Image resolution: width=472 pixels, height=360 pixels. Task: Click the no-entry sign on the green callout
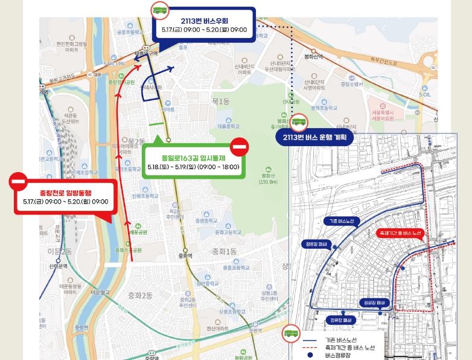[x=240, y=147]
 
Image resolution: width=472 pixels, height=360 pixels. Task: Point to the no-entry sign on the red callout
[x=18, y=181]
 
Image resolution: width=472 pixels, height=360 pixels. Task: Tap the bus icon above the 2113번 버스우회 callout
[x=160, y=10]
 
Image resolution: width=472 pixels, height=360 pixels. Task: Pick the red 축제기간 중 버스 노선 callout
[x=400, y=232]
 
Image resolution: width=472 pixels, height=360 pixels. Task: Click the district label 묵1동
[x=220, y=101]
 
